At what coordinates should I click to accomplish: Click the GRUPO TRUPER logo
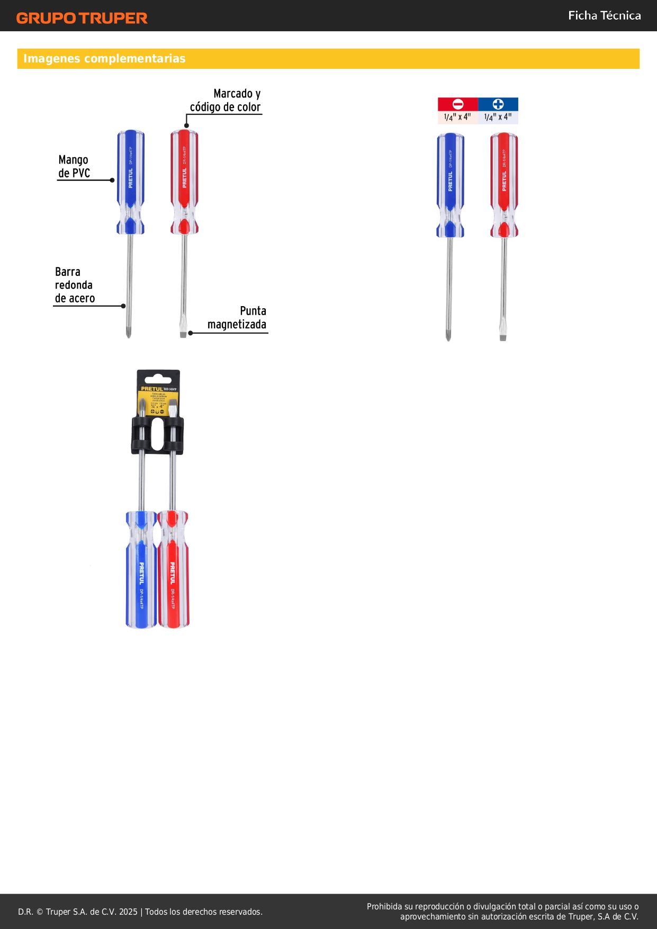click(x=82, y=18)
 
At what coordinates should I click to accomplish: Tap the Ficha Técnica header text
click(x=604, y=16)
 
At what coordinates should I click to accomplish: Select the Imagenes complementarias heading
click(x=104, y=59)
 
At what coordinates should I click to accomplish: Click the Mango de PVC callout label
click(x=74, y=167)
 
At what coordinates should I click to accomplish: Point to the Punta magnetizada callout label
click(x=237, y=318)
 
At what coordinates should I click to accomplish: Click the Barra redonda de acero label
click(x=75, y=285)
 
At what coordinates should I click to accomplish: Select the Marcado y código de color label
click(x=226, y=101)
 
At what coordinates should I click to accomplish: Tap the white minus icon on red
click(x=458, y=104)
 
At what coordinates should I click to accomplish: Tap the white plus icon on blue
click(x=498, y=104)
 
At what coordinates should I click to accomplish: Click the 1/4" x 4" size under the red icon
click(x=457, y=117)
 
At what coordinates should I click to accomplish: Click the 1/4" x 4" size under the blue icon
click(x=498, y=117)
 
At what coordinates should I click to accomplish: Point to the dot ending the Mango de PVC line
click(x=112, y=180)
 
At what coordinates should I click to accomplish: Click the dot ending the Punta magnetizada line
click(x=191, y=333)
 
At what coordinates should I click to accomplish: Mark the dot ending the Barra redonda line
click(x=123, y=306)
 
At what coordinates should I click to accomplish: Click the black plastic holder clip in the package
click(x=157, y=435)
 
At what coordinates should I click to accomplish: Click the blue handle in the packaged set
click(x=141, y=572)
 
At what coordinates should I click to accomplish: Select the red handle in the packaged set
click(x=173, y=572)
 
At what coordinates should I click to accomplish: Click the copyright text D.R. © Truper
click(x=140, y=912)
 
